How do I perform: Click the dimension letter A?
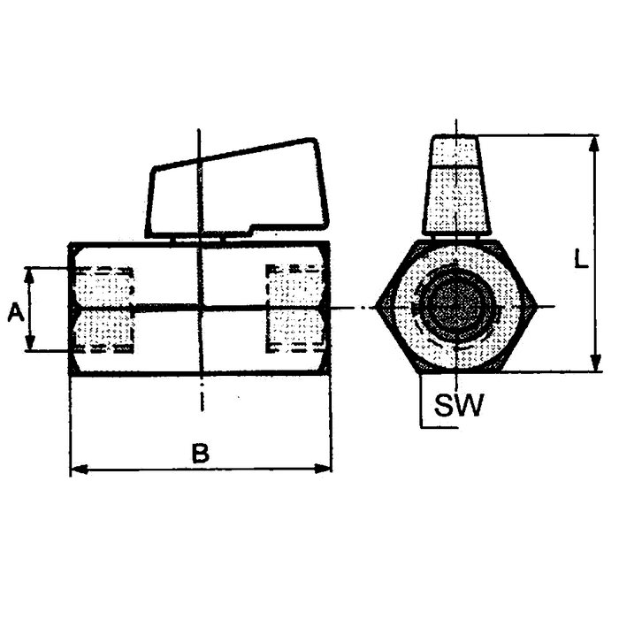click(x=16, y=312)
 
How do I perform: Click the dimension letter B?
click(x=201, y=453)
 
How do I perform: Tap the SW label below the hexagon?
click(x=459, y=404)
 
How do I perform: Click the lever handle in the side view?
click(x=237, y=189)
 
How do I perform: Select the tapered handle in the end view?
click(x=456, y=186)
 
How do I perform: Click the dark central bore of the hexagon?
click(x=456, y=307)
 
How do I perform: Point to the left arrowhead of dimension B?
click(x=79, y=469)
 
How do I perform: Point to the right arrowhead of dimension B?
click(x=323, y=469)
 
